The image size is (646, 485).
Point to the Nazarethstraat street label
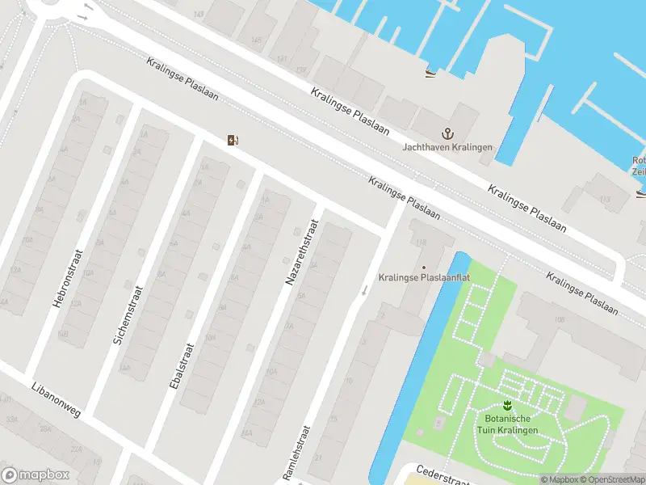coord(300,251)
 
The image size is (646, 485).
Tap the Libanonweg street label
coord(57,400)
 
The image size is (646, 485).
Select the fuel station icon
coord(233,141)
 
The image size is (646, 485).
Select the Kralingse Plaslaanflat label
coord(425,278)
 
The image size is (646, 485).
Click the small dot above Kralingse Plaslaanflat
coord(424,267)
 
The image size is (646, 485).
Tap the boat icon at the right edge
coord(640,192)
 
